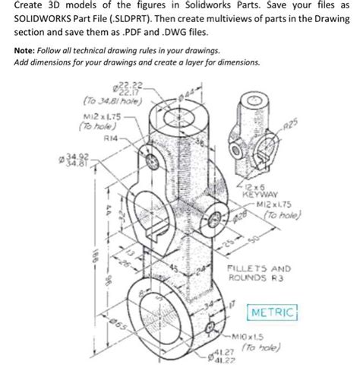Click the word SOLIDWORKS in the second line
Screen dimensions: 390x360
point(46,21)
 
